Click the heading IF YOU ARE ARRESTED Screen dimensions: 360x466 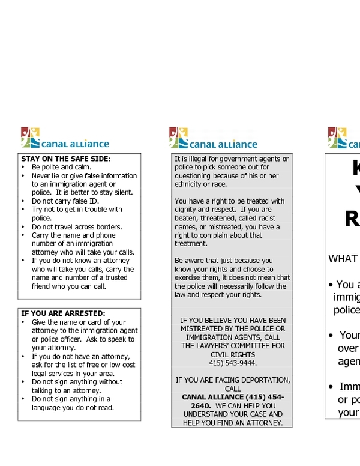click(63, 313)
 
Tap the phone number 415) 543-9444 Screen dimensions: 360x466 click(233, 363)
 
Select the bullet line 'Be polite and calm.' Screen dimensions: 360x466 click(61, 167)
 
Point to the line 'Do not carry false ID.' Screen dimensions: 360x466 click(65, 201)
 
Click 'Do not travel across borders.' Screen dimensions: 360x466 click(77, 227)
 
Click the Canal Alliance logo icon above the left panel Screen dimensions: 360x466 click(30, 138)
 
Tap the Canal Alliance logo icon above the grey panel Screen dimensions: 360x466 click(179, 138)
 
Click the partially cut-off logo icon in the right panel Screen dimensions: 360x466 click(337, 138)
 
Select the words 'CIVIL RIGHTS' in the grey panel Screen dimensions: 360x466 click(233, 354)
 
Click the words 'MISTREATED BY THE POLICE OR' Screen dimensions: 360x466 click(233, 328)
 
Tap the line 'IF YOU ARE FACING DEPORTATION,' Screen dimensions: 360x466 click(233, 380)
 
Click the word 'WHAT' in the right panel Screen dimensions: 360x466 click(343, 259)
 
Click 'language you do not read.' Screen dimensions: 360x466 click(73, 407)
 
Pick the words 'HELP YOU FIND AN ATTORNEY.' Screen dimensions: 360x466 click(233, 423)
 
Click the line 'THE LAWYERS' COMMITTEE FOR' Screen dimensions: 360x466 click(233, 346)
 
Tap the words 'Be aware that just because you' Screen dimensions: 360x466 click(224, 261)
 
